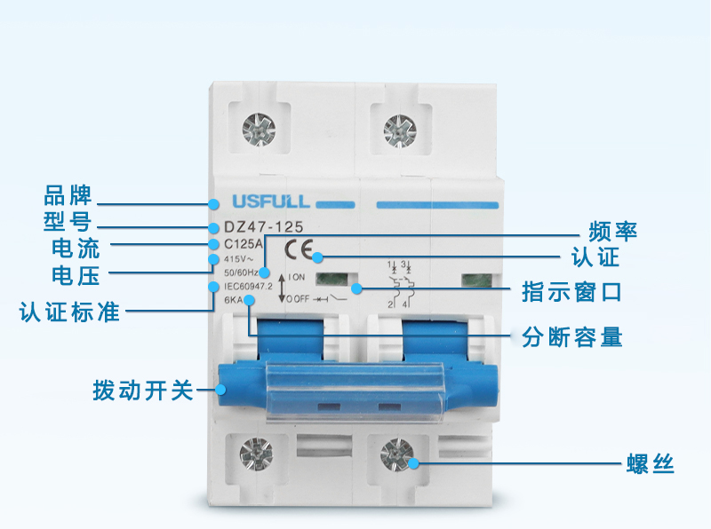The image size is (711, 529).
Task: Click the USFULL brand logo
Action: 271,201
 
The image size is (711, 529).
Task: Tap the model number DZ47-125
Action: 263,227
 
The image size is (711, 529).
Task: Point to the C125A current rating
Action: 243,244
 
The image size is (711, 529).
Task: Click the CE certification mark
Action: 299,249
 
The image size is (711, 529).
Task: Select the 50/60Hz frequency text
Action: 241,272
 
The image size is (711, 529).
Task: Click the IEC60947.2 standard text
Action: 248,286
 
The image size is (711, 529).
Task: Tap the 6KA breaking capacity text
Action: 234,299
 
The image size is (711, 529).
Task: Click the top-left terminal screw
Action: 259,130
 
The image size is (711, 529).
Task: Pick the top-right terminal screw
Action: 400,131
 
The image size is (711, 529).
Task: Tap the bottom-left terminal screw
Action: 256,454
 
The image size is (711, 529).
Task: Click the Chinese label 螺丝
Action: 651,464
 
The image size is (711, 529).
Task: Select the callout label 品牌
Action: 68,195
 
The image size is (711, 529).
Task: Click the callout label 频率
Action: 612,231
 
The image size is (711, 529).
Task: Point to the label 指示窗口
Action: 571,292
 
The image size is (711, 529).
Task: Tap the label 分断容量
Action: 571,337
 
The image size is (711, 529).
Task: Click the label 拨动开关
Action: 143,391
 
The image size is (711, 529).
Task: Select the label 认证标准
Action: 69,312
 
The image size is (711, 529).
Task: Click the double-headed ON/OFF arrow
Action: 282,288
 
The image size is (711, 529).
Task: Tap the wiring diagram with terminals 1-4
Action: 400,284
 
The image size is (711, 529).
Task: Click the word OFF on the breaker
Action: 301,299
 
